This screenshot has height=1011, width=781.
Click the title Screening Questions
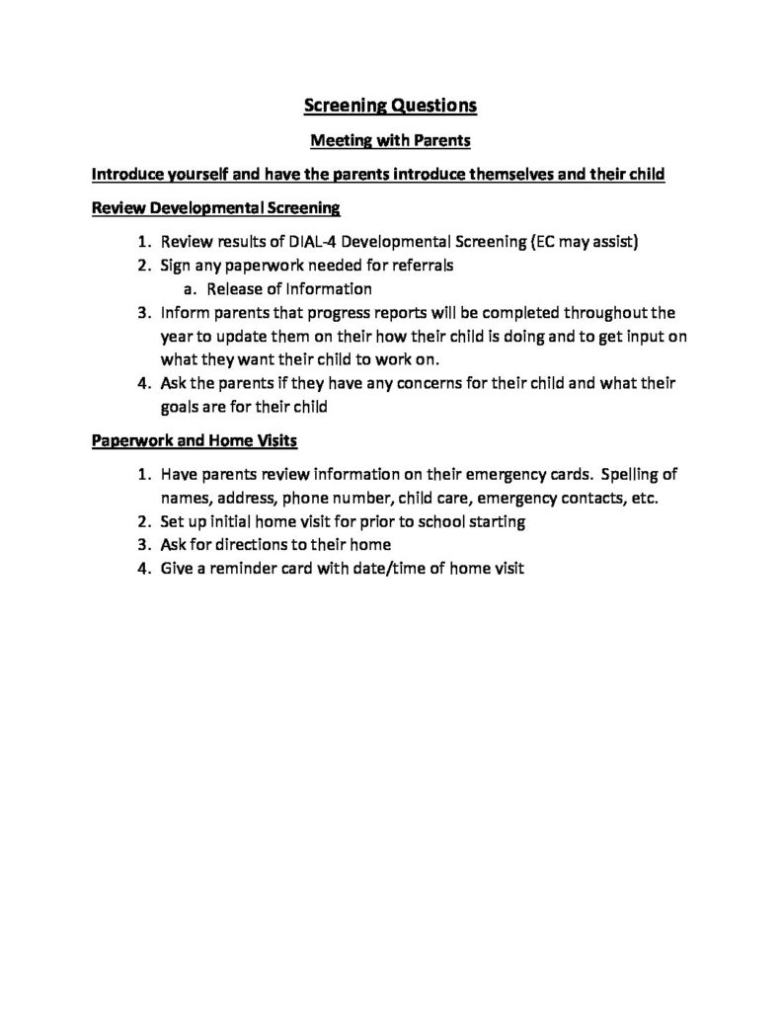point(389,105)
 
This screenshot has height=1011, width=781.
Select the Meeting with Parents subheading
point(389,141)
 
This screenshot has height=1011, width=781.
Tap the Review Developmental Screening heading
point(215,208)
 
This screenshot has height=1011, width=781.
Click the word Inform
point(183,313)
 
